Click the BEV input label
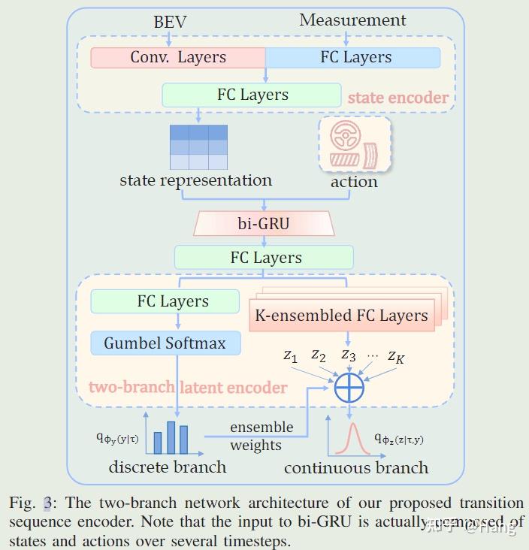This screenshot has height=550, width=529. (170, 22)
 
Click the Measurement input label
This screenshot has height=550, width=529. (352, 20)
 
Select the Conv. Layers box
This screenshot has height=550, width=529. (178, 58)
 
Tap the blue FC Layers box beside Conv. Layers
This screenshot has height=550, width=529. (354, 58)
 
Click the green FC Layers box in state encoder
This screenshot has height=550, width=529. (252, 95)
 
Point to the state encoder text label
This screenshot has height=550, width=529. (398, 98)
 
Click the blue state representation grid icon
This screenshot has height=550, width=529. (198, 147)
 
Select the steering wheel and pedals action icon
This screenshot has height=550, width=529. (355, 144)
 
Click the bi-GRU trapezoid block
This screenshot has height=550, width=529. (263, 223)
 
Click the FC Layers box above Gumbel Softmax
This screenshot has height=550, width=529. (173, 301)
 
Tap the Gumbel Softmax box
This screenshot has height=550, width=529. (165, 343)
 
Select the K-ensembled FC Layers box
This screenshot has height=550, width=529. (342, 316)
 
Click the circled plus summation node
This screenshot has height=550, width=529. (349, 388)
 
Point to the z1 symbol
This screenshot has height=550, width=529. (291, 356)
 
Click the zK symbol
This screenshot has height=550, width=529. (396, 357)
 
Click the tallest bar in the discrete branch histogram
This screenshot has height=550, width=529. (171, 437)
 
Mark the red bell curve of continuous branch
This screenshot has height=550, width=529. (349, 440)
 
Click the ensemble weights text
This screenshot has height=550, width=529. (261, 437)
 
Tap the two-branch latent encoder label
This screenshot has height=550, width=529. (188, 388)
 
